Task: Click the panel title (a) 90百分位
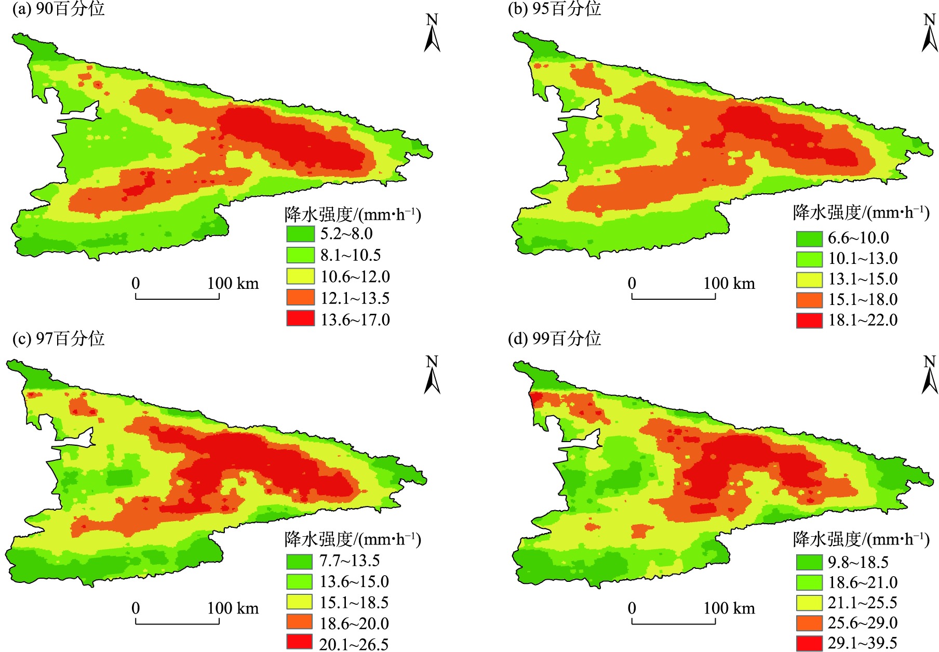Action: pyautogui.click(x=58, y=9)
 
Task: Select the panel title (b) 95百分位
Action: pyautogui.click(x=554, y=9)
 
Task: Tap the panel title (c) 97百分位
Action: pyautogui.click(x=58, y=339)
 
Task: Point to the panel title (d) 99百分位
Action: pyautogui.click(x=554, y=339)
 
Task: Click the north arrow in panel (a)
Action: pyautogui.click(x=432, y=33)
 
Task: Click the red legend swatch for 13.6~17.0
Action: pyautogui.click(x=300, y=318)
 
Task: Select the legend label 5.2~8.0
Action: pyautogui.click(x=346, y=234)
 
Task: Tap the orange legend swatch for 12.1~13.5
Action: pyautogui.click(x=300, y=297)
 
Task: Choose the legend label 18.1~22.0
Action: pyautogui.click(x=863, y=320)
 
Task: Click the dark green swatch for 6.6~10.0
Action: pyautogui.click(x=809, y=238)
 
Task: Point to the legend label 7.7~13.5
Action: pyautogui.click(x=350, y=561)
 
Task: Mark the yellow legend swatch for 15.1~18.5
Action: pyautogui.click(x=300, y=602)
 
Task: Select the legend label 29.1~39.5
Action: pyautogui.click(x=863, y=643)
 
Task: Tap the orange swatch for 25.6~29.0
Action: pyautogui.click(x=809, y=622)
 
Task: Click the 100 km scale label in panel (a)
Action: pyautogui.click(x=233, y=284)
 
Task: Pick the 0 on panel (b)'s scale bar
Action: pyautogui.click(x=632, y=284)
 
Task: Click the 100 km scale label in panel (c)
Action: pyautogui.click(x=233, y=608)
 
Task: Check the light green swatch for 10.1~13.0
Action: pyautogui.click(x=809, y=259)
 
